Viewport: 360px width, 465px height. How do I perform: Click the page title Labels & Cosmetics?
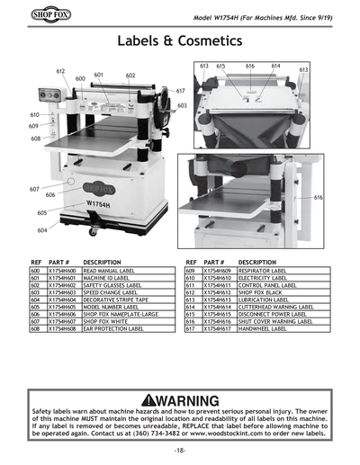179,41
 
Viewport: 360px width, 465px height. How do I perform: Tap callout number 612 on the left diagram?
60,70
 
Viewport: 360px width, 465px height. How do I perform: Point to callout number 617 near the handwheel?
180,91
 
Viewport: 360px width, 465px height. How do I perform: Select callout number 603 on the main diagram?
182,105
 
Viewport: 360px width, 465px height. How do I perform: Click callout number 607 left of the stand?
34,189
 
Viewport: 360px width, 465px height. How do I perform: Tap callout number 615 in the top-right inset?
220,66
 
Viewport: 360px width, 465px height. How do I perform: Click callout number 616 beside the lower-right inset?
318,196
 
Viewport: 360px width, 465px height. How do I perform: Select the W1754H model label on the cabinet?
99,204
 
